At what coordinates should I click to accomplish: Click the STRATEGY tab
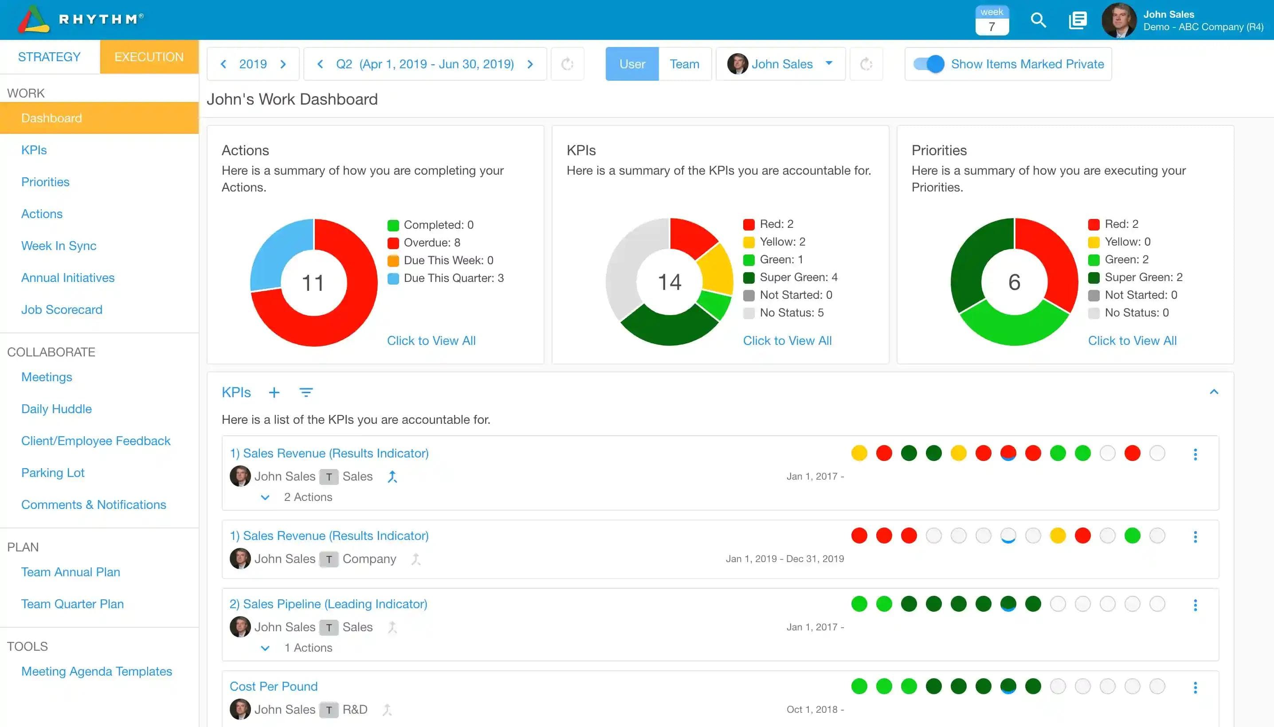tap(49, 57)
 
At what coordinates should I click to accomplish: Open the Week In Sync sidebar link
tap(59, 246)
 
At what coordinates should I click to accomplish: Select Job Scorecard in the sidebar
tap(62, 309)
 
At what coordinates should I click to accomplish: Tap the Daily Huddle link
tap(56, 409)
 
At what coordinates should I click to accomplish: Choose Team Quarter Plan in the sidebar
tap(72, 604)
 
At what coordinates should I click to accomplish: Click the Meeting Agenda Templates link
tap(96, 671)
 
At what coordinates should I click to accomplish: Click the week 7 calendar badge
tap(992, 20)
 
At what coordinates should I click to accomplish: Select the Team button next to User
tap(684, 64)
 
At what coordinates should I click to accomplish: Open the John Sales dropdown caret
tap(829, 63)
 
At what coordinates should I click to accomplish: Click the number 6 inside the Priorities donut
tap(1014, 282)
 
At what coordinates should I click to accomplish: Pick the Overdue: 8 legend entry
tap(431, 242)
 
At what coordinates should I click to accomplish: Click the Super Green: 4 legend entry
tap(798, 277)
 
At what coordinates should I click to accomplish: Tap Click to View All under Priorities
tap(1132, 340)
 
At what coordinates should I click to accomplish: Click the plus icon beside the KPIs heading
tap(274, 392)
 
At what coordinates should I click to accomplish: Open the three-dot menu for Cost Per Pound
tap(1195, 688)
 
